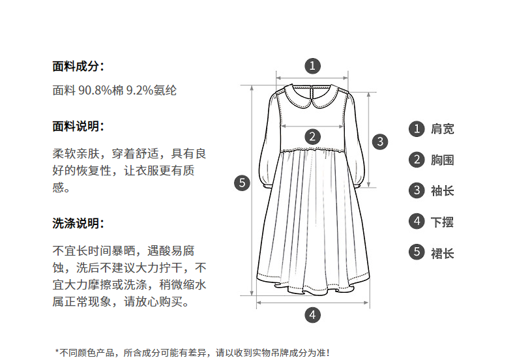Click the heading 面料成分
tap(78, 66)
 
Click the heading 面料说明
tap(78, 127)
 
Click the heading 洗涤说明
tap(78, 224)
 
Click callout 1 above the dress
tap(313, 65)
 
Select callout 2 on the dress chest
tap(313, 136)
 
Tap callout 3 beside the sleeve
tap(379, 141)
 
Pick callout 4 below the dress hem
tap(313, 314)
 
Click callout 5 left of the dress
tap(242, 183)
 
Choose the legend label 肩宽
tap(442, 128)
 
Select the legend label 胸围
tap(442, 160)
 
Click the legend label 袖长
tap(442, 191)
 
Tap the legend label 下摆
tap(442, 222)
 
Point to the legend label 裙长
tap(442, 253)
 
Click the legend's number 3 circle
tap(417, 191)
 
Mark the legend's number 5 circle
tap(417, 253)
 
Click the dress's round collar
tap(313, 96)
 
